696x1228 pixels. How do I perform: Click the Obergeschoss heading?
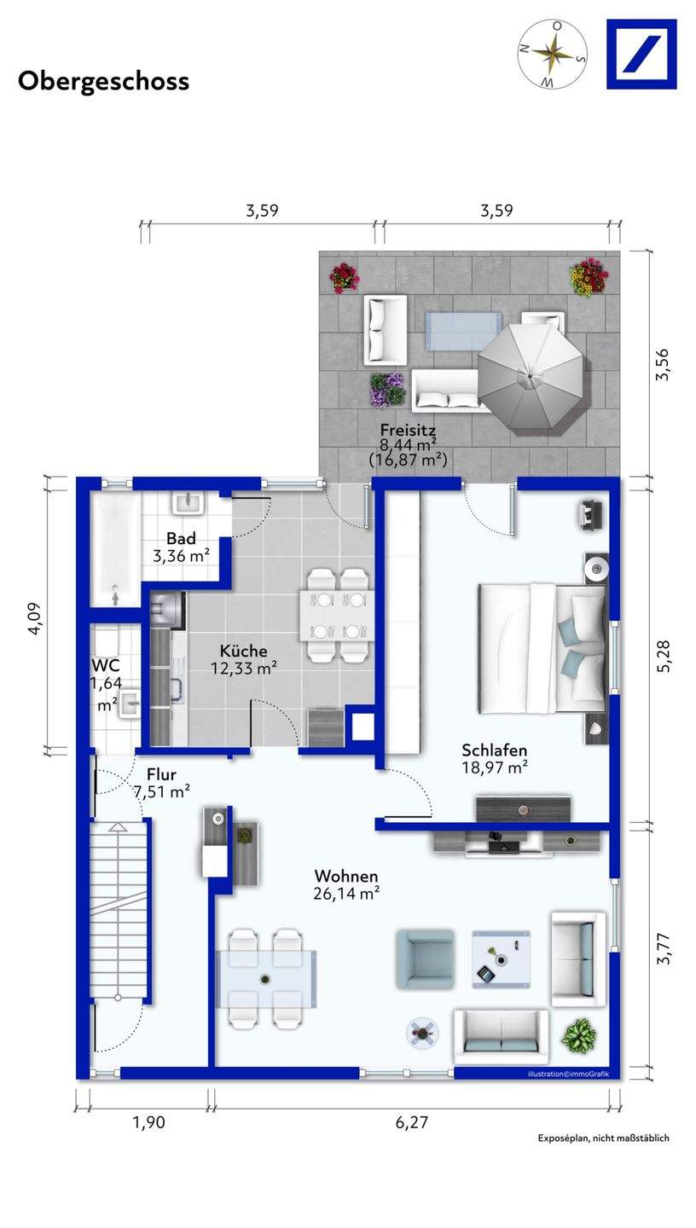104,81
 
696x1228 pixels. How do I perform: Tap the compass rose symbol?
553,53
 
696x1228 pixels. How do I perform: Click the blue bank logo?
641,54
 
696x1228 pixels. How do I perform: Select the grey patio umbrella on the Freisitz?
530,377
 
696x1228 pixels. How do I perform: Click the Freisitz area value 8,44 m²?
408,443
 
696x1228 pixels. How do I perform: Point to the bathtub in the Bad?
115,548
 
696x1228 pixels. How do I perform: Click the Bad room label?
181,538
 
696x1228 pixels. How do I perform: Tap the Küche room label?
244,651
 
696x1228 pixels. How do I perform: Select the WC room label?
106,665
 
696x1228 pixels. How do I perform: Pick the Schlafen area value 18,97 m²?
495,767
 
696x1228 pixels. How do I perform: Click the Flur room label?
161,774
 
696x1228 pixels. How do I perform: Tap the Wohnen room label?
346,876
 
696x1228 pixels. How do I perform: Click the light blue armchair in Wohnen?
425,959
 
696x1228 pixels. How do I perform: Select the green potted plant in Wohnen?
578,1035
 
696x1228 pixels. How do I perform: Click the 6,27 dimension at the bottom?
411,1122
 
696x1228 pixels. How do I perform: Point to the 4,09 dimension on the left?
35,619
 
